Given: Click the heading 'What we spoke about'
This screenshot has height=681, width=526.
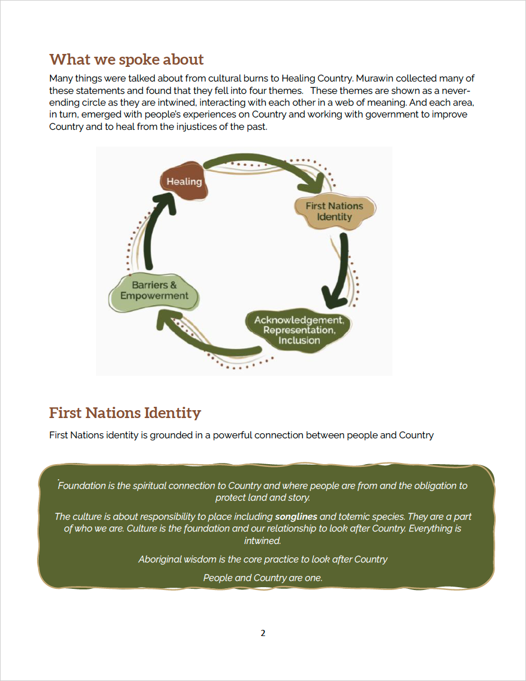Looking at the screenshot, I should [x=126, y=60].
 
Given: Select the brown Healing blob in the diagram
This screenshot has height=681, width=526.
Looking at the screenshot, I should [x=184, y=181].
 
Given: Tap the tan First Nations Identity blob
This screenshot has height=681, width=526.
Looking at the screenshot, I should [x=335, y=212].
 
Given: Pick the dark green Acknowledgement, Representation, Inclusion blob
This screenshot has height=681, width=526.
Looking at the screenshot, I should [x=299, y=330].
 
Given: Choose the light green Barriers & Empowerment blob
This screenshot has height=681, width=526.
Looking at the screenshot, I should [x=154, y=291].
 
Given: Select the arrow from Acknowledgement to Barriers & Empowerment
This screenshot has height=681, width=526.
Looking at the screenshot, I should [x=208, y=337].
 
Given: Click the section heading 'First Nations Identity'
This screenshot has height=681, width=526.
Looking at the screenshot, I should [x=125, y=413].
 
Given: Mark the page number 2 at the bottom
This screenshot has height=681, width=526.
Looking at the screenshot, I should [x=263, y=633].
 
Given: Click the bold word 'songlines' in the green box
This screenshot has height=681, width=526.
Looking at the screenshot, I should [x=296, y=516].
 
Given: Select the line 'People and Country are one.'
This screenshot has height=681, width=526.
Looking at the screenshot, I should [x=263, y=578].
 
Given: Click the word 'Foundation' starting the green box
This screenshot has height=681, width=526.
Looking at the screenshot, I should [x=86, y=485].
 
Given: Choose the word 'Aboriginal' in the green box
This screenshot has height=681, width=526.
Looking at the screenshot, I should [x=161, y=559].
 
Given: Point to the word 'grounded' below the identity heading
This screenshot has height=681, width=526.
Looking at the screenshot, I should [x=172, y=435].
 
